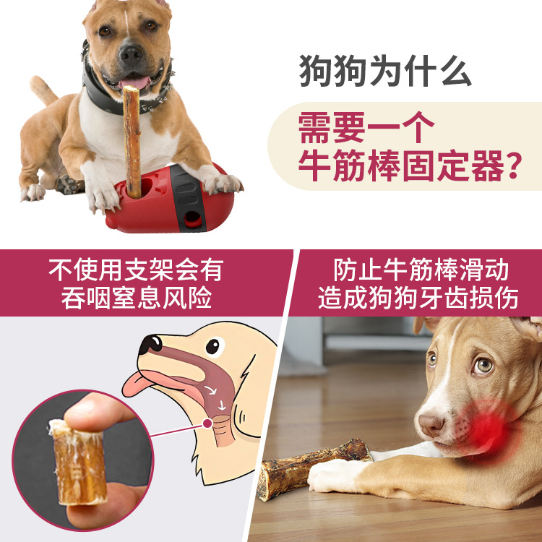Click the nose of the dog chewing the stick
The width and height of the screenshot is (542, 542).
point(131,53)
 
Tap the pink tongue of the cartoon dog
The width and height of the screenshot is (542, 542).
point(137,384)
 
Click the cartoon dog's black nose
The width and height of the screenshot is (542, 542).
point(150,344)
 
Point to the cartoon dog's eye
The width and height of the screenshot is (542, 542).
point(212,346)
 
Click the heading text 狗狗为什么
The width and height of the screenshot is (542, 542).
point(385,71)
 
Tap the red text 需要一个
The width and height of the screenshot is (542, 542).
point(366,127)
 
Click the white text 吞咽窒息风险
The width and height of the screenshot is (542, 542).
point(137,298)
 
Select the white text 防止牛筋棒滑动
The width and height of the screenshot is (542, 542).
point(421,270)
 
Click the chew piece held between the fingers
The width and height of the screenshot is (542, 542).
point(79,462)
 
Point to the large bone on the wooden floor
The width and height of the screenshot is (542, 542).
point(313,468)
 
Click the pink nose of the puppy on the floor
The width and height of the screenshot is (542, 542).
point(431,424)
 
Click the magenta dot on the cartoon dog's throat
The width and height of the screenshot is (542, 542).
point(207,423)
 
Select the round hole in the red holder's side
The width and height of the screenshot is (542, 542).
point(192,219)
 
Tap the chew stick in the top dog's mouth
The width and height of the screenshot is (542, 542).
point(132,142)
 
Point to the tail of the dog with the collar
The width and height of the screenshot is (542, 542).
point(43,90)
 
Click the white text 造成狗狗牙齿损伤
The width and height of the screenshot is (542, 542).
point(418,298)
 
